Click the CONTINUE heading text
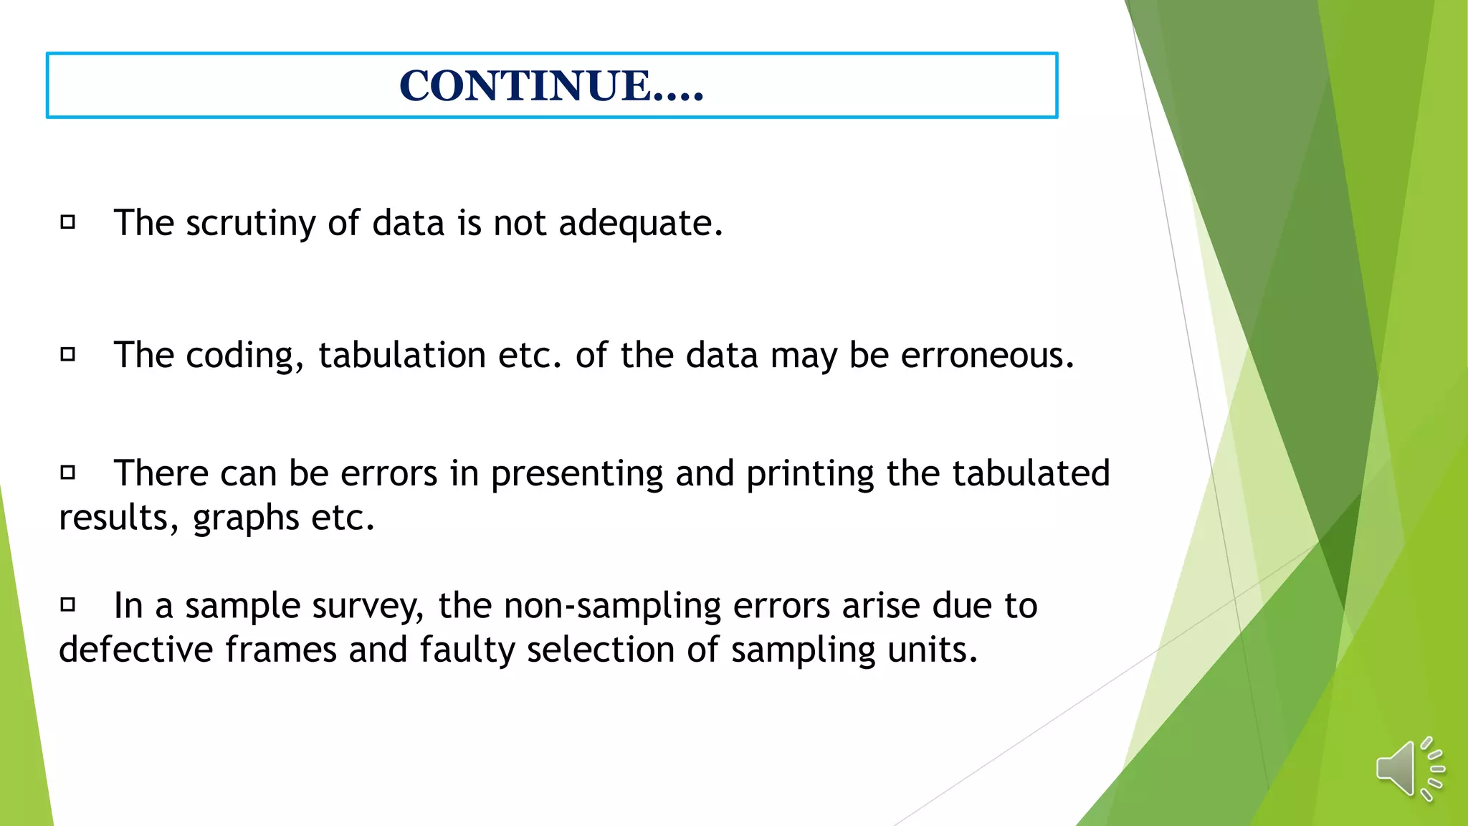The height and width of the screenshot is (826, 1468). pos(551,85)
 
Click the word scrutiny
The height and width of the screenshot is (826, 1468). pos(250,223)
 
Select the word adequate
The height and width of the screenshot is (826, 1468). pos(640,223)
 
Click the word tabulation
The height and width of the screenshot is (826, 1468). pos(402,355)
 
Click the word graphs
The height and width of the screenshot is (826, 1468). pos(245,518)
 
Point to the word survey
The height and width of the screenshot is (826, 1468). pos(368,607)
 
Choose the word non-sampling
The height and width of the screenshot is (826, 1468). pos(612,607)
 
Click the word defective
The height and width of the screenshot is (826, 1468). pos(135,650)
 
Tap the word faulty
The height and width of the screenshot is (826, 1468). pos(467,650)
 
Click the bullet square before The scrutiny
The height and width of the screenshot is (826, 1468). pos(68,222)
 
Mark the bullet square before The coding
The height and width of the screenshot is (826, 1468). pos(68,354)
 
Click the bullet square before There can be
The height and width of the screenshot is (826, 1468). pos(68,472)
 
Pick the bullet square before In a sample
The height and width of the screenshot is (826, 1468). pos(68,604)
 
